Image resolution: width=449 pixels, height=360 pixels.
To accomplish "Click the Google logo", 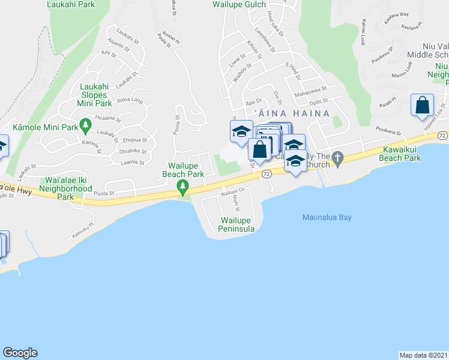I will point(20,353).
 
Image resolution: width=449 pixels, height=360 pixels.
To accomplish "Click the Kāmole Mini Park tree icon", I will point(86,124).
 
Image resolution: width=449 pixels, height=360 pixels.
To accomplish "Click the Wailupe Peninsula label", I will point(238,224).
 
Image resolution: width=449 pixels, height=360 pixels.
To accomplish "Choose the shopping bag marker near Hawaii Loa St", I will point(423,106).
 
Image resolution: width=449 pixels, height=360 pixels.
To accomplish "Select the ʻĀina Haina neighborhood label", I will point(292,113).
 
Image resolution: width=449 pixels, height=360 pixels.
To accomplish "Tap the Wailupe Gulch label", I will point(238,4).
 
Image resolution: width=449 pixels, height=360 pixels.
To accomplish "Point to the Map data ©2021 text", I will point(423,355).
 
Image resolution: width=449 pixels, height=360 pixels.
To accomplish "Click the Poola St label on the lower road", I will point(104,194).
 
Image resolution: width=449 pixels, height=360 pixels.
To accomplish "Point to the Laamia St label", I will point(133,163).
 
